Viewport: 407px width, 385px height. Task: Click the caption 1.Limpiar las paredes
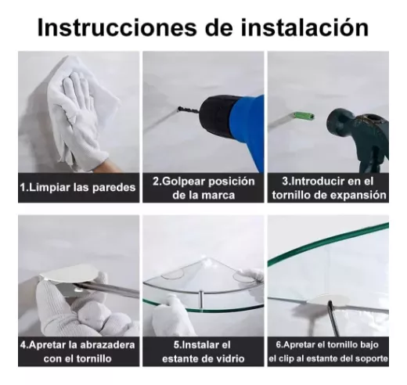(x=77, y=188)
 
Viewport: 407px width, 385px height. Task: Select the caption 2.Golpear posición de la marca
(x=203, y=188)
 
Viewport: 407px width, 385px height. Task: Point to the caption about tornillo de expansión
(x=328, y=188)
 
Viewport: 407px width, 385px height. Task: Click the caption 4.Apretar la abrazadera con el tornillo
(x=77, y=351)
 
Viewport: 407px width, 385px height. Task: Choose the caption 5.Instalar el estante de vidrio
(x=203, y=351)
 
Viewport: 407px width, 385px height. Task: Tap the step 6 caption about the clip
(x=328, y=351)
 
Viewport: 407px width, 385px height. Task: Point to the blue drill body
(x=243, y=125)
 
